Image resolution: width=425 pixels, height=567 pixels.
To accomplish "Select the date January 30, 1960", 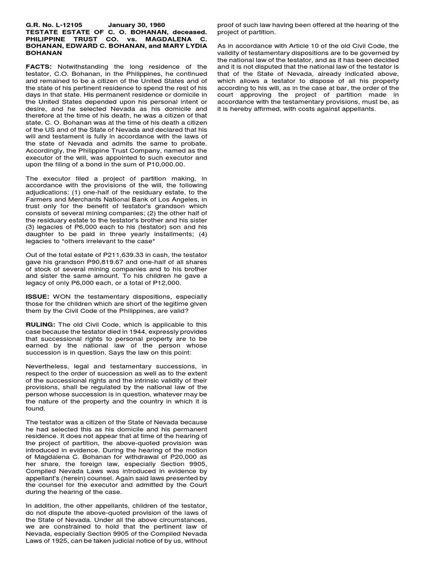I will pos(131,25).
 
